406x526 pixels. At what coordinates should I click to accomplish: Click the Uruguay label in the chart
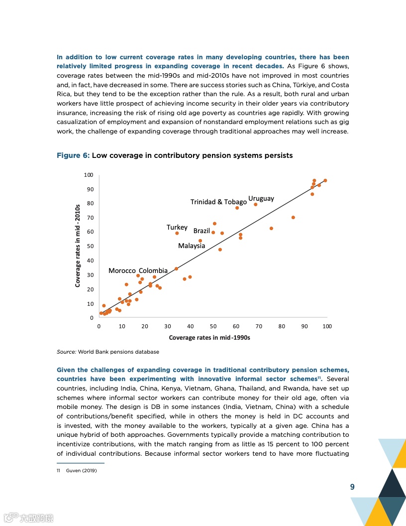click(261, 198)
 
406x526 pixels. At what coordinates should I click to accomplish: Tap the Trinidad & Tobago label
click(218, 202)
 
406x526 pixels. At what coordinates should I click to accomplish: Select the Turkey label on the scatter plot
click(177, 227)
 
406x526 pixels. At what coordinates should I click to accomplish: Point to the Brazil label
click(202, 231)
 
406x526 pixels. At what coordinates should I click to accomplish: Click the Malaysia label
click(192, 246)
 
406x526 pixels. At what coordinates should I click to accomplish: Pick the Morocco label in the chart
click(122, 270)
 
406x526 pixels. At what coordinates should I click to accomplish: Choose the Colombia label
click(153, 270)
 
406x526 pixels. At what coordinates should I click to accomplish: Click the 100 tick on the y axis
click(89, 175)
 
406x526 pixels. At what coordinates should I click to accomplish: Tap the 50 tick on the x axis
click(213, 326)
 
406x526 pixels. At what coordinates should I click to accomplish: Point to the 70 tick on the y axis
click(90, 218)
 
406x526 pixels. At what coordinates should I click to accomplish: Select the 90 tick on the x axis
click(304, 326)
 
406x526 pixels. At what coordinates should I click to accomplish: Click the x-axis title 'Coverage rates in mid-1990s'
click(209, 338)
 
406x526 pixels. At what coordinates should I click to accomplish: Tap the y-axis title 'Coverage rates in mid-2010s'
click(78, 246)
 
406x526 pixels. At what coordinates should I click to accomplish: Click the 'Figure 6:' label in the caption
click(73, 155)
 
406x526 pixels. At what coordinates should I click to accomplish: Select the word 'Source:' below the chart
click(66, 352)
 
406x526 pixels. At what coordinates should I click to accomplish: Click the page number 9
click(352, 487)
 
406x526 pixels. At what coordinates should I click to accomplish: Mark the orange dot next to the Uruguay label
click(256, 204)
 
